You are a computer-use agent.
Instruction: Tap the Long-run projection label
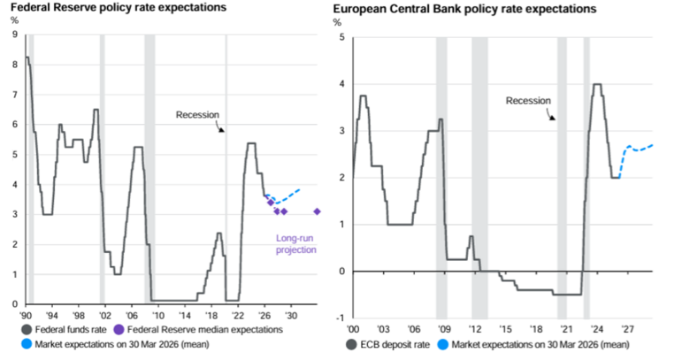(x=295, y=244)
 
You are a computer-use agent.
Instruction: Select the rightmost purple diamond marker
(x=318, y=211)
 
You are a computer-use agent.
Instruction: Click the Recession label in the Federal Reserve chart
(x=197, y=114)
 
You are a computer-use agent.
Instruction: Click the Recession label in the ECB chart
(x=527, y=101)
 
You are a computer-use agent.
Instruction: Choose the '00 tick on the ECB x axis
(x=354, y=326)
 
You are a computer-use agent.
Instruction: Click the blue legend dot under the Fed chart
(x=27, y=345)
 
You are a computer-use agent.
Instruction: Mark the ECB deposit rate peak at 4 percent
(x=596, y=85)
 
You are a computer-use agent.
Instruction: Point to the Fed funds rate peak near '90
(x=27, y=57)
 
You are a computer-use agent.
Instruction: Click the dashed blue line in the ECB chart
(x=637, y=149)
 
